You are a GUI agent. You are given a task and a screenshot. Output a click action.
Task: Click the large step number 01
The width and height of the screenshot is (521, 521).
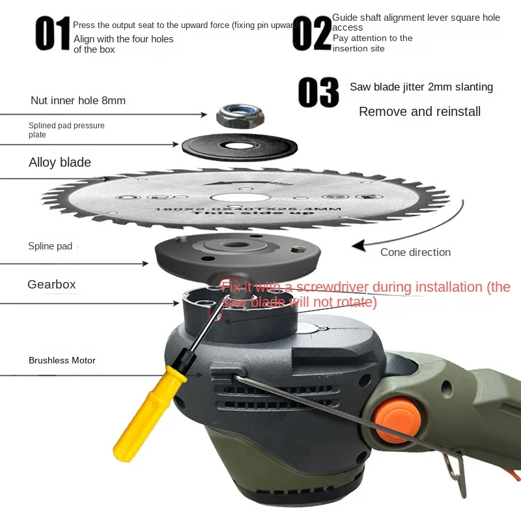pyautogui.click(x=53, y=34)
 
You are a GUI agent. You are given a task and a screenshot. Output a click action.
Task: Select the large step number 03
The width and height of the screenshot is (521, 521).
pyautogui.click(x=318, y=92)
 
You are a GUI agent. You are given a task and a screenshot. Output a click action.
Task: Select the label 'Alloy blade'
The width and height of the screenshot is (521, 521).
pyautogui.click(x=60, y=162)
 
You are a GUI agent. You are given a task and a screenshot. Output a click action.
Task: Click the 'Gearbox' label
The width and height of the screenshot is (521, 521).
pyautogui.click(x=51, y=285)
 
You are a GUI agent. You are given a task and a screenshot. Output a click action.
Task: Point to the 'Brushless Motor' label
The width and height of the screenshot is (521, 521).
pyautogui.click(x=62, y=360)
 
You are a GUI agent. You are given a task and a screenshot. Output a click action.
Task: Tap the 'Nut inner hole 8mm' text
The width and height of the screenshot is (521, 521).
pyautogui.click(x=78, y=100)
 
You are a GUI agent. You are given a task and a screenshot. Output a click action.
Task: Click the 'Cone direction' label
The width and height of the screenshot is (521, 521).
pyautogui.click(x=415, y=252)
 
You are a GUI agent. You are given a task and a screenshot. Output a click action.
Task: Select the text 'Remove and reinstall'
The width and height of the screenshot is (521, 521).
pyautogui.click(x=419, y=111)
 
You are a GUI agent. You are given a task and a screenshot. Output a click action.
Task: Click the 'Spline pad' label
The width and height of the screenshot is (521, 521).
pyautogui.click(x=50, y=246)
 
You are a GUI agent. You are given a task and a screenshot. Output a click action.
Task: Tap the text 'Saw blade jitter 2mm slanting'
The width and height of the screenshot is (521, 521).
pyautogui.click(x=421, y=87)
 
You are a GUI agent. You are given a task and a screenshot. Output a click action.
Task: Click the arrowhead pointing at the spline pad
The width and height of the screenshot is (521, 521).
pyautogui.click(x=146, y=263)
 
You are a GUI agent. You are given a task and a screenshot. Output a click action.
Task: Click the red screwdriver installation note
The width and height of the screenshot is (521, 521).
pyautogui.click(x=365, y=294)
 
